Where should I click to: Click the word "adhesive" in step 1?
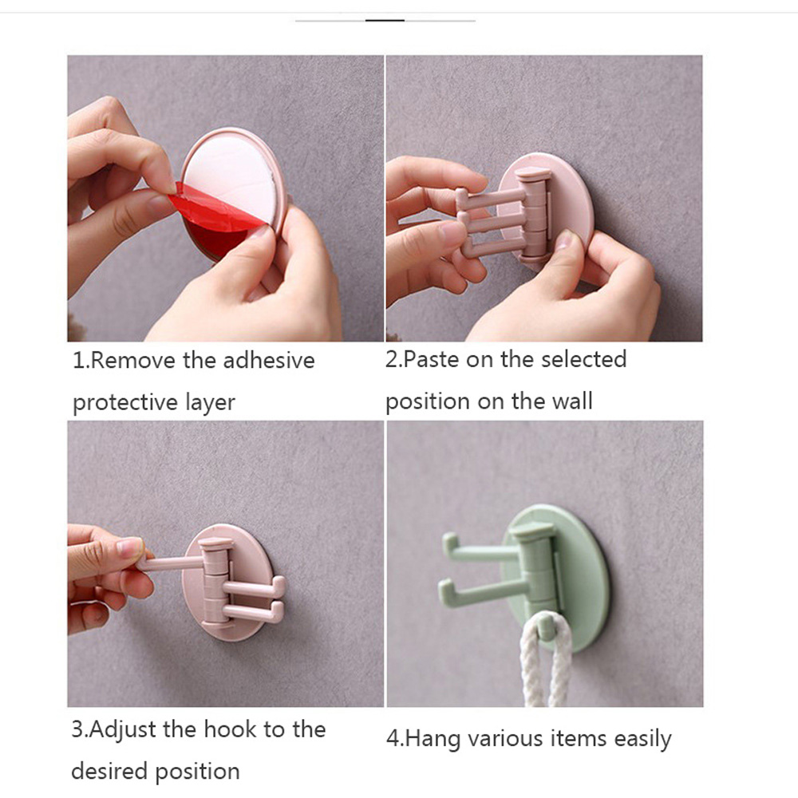click(269, 361)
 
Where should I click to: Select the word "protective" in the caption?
click(124, 403)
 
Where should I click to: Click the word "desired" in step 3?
click(110, 772)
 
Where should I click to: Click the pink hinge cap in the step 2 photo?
click(533, 176)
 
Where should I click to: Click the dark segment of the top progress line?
click(385, 21)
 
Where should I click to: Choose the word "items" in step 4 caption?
click(579, 739)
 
